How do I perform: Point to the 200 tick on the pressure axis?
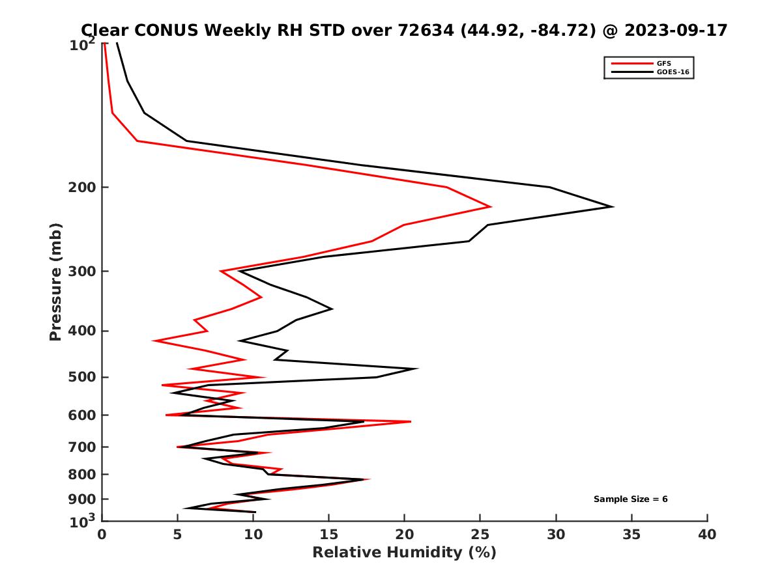[x=82, y=188]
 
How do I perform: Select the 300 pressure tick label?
[x=82, y=271]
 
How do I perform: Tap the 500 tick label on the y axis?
[x=82, y=377]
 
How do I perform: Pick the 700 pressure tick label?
[x=82, y=447]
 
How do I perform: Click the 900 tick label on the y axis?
[x=82, y=499]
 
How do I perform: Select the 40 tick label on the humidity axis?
[x=707, y=535]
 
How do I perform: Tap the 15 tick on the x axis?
[x=329, y=535]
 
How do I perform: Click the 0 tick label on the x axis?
[x=102, y=535]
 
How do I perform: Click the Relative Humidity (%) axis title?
[x=404, y=553]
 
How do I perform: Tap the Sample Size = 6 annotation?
[x=630, y=499]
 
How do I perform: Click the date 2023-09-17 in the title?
[x=674, y=30]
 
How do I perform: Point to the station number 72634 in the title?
[x=426, y=30]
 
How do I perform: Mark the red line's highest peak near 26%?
[x=490, y=206]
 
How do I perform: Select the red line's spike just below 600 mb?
[x=411, y=422]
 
